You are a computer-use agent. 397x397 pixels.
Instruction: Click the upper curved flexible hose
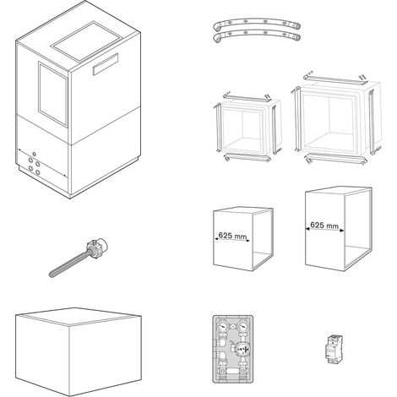pyautogui.click(x=256, y=21)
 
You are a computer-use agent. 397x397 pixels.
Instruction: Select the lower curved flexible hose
pyautogui.click(x=256, y=33)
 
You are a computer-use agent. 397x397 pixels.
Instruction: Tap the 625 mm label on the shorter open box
pyautogui.click(x=232, y=236)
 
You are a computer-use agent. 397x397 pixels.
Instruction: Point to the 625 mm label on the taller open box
pyautogui.click(x=324, y=226)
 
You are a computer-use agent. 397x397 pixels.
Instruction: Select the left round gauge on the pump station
pyautogui.click(x=223, y=327)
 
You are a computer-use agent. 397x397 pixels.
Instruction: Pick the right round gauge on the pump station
pyautogui.click(x=242, y=327)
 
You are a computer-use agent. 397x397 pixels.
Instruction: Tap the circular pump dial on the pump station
pyautogui.click(x=242, y=350)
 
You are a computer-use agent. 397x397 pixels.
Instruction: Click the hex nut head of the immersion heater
pyautogui.click(x=95, y=247)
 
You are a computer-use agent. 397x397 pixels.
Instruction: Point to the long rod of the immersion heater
pyautogui.click(x=69, y=264)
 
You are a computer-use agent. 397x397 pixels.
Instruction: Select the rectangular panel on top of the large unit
pyautogui.click(x=87, y=41)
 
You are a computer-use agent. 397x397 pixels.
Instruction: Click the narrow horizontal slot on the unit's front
pyautogui.click(x=106, y=64)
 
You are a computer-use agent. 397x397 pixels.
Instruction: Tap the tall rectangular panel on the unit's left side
pyautogui.click(x=53, y=94)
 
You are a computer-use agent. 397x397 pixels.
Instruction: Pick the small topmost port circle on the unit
pyautogui.click(x=34, y=154)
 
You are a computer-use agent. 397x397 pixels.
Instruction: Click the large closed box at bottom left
pyautogui.click(x=79, y=352)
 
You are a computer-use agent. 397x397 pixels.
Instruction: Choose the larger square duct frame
pyautogui.click(x=336, y=118)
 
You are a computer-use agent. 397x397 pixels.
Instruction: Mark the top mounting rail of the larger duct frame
pyautogui.click(x=335, y=79)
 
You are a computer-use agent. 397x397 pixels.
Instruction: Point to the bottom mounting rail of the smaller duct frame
pyautogui.click(x=247, y=158)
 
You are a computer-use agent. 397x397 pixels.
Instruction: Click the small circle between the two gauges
pyautogui.click(x=232, y=327)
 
